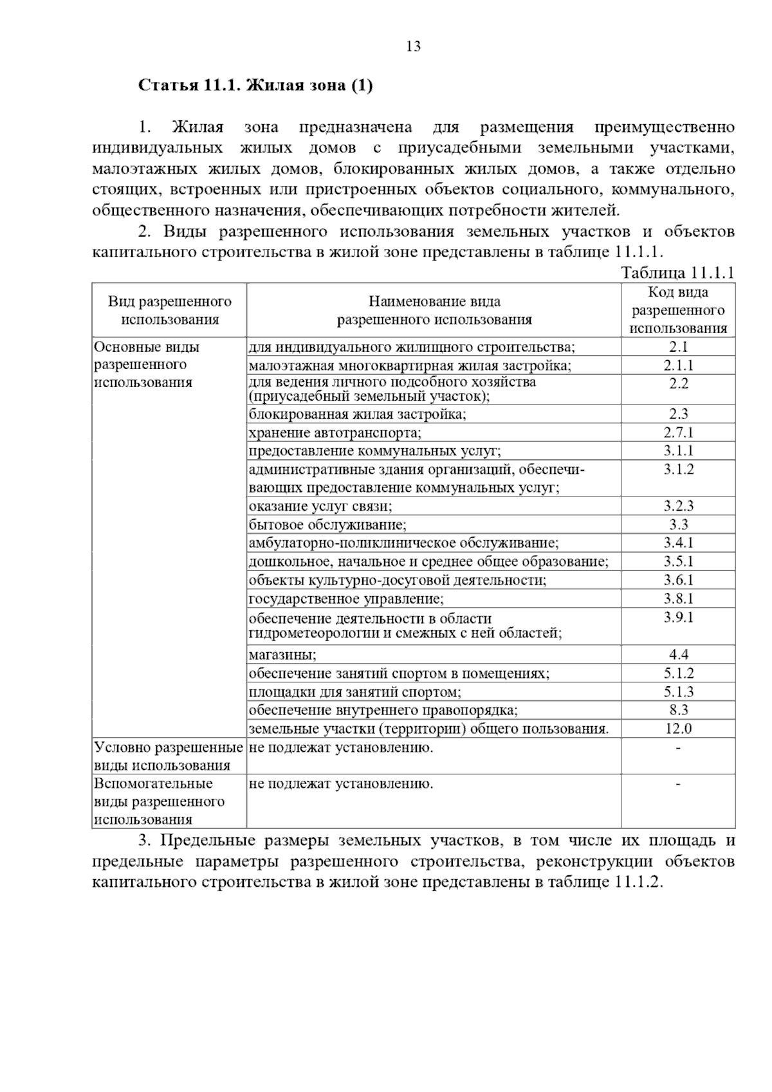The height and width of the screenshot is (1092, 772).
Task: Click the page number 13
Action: click(413, 46)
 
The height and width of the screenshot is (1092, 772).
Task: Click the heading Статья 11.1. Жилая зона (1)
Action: click(255, 86)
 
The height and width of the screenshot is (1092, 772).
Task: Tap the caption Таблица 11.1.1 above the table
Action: click(677, 273)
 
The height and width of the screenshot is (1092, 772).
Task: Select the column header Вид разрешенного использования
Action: click(170, 311)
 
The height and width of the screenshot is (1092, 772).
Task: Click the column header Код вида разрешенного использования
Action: click(678, 311)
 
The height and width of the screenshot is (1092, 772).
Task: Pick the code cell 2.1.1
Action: click(678, 366)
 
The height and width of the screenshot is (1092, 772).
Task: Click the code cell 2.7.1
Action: click(678, 433)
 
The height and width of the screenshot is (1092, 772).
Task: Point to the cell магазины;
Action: click(283, 655)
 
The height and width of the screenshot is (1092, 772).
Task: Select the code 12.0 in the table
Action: click(678, 729)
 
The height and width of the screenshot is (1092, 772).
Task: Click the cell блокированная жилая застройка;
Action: click(358, 414)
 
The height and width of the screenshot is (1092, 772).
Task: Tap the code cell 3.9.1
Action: click(678, 618)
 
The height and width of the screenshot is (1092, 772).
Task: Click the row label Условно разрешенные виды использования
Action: click(169, 756)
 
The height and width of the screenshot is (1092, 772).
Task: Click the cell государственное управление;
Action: click(346, 599)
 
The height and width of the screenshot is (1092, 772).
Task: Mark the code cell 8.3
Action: click(678, 711)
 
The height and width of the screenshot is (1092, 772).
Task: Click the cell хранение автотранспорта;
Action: click(335, 433)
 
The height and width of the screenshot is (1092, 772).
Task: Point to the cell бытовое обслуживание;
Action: click(327, 525)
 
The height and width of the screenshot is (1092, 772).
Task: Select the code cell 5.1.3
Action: click(678, 692)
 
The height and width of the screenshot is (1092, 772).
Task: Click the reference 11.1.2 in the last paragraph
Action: click(637, 882)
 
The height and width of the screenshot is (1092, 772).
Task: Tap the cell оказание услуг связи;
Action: click(320, 506)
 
